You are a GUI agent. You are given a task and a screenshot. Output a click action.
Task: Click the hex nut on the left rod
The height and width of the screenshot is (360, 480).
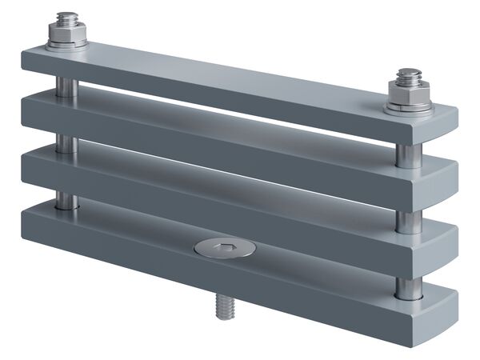coord(66,33)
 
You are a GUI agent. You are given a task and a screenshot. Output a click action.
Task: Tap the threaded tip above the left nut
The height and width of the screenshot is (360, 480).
coord(66,18)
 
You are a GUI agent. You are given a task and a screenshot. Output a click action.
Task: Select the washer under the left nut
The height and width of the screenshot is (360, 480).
coord(66,45)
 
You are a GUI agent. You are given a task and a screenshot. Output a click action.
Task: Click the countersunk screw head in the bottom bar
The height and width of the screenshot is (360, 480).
coord(225,248)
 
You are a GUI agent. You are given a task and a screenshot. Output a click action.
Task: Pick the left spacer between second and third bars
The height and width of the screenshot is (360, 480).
coord(66,144)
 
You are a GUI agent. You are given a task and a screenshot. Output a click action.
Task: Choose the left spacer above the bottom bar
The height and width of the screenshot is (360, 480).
coord(66,199)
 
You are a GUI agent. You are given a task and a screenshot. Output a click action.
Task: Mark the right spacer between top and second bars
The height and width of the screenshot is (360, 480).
coord(409,156)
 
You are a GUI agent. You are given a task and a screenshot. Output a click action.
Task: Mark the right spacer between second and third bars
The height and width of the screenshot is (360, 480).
coord(409,221)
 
